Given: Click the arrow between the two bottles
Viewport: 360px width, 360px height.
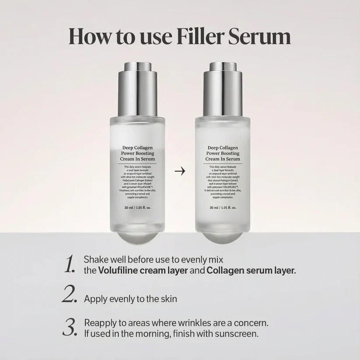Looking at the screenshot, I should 180,171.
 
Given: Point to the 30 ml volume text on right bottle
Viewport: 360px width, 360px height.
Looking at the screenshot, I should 224,208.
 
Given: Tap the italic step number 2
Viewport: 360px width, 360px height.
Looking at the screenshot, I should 70,295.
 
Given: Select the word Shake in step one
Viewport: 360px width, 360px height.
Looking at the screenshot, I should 94,260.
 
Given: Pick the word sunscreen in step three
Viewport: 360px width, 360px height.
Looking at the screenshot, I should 240,334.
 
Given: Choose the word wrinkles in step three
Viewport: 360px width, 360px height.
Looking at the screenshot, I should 197,323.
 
